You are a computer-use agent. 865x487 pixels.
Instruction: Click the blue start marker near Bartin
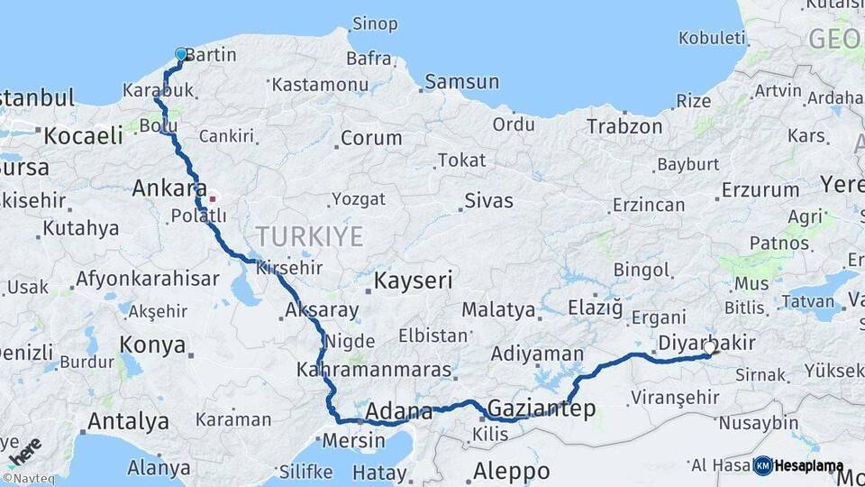[181, 54]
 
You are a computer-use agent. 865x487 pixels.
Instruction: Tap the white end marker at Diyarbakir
[710, 347]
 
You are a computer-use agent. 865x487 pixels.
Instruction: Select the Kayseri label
[414, 280]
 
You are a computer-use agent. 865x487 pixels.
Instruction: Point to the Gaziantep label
[541, 409]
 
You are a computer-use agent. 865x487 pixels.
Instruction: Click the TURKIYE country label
[310, 237]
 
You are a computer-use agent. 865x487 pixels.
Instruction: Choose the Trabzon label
[624, 126]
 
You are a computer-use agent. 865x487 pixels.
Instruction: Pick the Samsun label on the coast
[461, 82]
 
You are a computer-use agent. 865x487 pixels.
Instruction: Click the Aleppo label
[511, 471]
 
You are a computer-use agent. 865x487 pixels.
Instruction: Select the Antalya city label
[128, 421]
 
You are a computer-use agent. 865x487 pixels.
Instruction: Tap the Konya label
[153, 345]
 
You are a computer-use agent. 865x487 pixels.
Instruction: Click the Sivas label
[488, 200]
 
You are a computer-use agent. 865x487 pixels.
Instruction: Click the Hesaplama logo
[798, 466]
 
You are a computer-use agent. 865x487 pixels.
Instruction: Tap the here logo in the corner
[24, 451]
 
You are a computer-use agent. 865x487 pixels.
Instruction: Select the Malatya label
[498, 310]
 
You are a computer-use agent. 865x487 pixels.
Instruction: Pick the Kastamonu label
[320, 86]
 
